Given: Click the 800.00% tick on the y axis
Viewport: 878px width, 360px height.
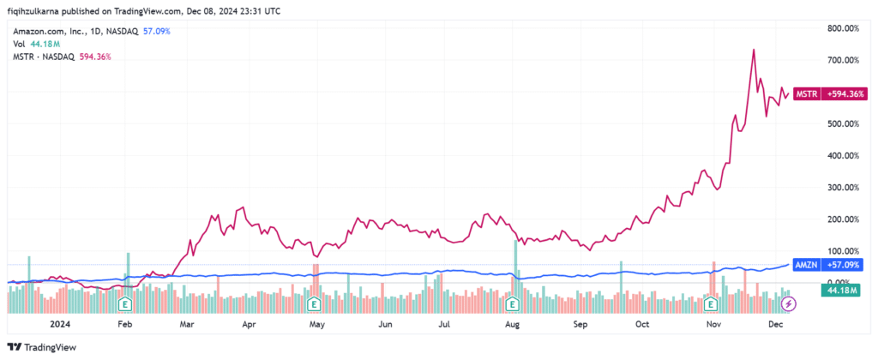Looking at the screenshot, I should point(845,28).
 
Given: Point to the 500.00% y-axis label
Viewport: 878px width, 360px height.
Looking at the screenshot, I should point(845,123).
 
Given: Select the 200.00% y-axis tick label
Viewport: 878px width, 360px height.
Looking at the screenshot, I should point(845,219).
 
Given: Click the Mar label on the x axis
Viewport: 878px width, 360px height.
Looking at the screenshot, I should point(187,326).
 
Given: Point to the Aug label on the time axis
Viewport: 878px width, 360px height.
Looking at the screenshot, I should point(513,326).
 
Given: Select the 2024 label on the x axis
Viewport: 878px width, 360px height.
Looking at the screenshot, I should point(60,326).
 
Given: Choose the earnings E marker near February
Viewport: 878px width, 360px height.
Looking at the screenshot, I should point(125,303).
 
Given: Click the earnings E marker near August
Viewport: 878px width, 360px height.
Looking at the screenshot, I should point(513,303).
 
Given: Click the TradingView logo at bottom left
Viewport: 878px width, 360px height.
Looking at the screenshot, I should point(42,346).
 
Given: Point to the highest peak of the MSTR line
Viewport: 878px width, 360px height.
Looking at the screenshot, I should point(753,50).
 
